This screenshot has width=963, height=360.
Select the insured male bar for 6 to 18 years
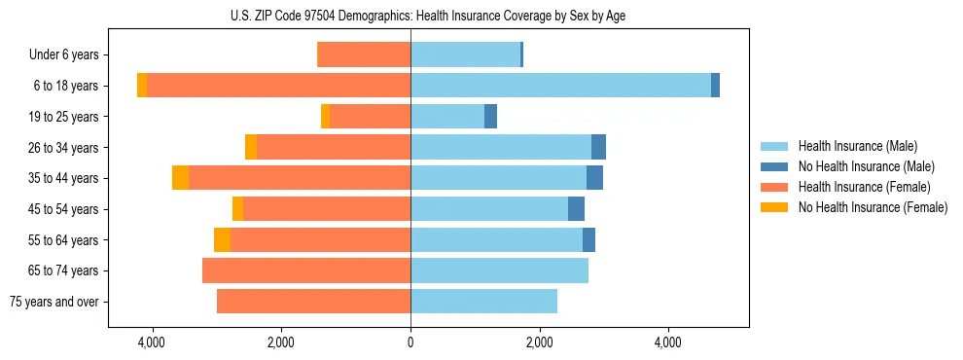(x=560, y=86)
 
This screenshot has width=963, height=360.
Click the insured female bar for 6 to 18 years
(x=278, y=86)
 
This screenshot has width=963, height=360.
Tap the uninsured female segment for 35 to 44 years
(x=180, y=178)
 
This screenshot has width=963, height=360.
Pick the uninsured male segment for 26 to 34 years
(x=598, y=147)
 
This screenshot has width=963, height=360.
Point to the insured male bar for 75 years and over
(x=483, y=302)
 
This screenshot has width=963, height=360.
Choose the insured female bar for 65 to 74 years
(x=306, y=270)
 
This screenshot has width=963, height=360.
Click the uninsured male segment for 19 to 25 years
(x=490, y=117)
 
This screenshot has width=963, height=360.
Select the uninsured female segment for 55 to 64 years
(x=222, y=239)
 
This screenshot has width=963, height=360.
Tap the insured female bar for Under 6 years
(x=364, y=54)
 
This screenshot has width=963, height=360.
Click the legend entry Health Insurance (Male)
(x=857, y=146)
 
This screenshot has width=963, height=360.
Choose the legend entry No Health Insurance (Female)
(x=873, y=207)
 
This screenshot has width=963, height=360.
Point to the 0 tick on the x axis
(x=410, y=343)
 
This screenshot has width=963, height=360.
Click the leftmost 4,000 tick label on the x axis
(x=152, y=343)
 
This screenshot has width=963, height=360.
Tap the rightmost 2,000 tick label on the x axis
(x=540, y=343)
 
